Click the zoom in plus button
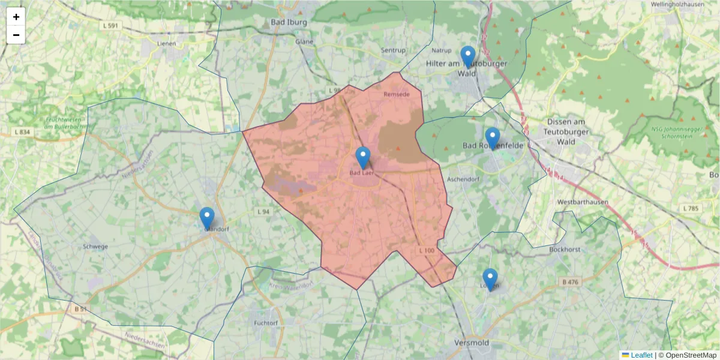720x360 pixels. point(16,17)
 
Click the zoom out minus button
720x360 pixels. point(16,35)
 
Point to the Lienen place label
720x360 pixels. point(166,43)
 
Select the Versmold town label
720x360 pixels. point(471,343)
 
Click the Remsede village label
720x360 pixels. point(396,94)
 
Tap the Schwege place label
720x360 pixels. point(96,246)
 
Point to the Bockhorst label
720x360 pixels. point(563,249)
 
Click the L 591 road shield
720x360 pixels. point(110,25)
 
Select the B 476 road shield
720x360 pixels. point(571,281)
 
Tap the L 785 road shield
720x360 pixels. point(691,208)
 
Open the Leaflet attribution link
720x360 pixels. point(641,355)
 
